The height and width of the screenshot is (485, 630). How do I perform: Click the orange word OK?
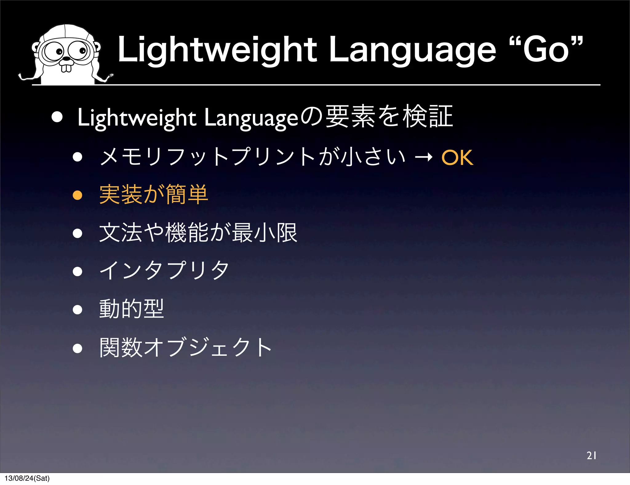pos(457,158)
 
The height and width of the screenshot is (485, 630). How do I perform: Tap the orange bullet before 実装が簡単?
pos(78,195)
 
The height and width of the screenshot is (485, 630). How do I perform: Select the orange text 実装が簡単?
pos(154,194)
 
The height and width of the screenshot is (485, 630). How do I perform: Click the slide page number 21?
pos(591,455)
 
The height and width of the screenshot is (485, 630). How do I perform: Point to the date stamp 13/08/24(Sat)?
pos(27,478)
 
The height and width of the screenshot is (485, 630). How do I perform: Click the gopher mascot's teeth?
pos(66,67)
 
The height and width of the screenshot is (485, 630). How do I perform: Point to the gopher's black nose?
pos(66,58)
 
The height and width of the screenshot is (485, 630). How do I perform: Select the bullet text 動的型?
pos(132,309)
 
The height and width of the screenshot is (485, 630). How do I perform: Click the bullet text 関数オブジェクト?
pos(185,347)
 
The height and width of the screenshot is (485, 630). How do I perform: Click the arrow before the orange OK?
pos(424,158)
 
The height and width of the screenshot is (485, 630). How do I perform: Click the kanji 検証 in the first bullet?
pos(428,117)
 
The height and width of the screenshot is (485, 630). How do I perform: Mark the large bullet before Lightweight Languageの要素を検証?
pos(57,117)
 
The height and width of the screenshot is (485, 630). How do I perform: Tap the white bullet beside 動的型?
pos(78,310)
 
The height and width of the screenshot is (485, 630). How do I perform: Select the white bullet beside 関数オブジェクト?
pos(78,348)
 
